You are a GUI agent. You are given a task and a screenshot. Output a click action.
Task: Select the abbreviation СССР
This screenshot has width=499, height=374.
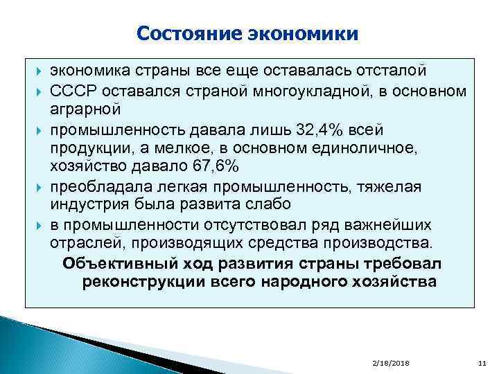71,92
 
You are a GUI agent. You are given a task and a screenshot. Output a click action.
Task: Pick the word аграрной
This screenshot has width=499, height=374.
85,110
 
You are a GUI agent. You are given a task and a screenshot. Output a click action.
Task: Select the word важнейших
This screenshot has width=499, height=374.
392,225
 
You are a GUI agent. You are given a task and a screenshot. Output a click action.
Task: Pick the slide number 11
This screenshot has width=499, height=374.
482,364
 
